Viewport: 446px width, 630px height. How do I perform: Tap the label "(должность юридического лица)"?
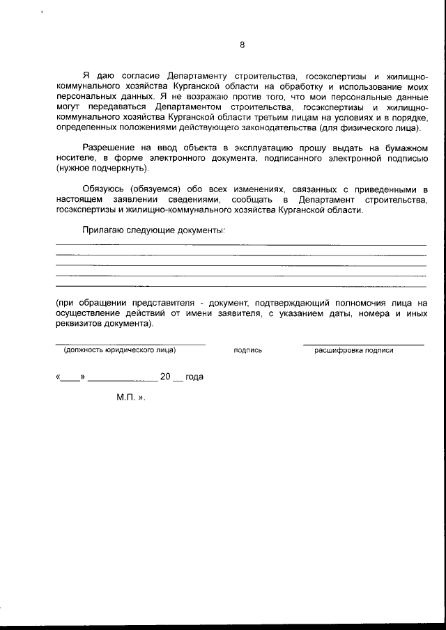pos(119,350)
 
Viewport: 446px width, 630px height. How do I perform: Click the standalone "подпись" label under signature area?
pos(248,350)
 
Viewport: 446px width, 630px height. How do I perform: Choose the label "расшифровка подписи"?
pos(353,350)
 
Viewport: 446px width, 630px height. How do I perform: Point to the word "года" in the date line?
pos(194,377)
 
